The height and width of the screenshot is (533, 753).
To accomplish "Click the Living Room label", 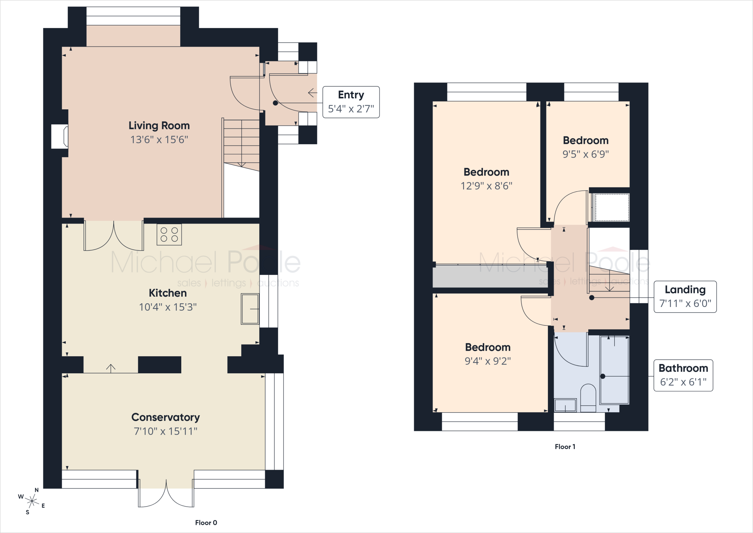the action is [159, 126].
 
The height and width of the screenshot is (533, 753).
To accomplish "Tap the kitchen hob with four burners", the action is [169, 234].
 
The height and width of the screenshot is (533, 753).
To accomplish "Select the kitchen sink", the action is [250, 309].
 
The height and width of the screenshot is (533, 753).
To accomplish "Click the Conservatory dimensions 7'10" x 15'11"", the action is [165, 431].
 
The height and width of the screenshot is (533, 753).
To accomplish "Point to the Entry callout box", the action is [351, 102].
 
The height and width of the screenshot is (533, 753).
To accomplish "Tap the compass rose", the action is [32, 501].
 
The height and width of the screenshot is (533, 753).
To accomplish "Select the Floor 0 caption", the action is [206, 523].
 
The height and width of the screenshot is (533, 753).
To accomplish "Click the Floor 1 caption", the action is [565, 446].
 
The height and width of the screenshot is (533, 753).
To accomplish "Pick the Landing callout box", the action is [685, 297].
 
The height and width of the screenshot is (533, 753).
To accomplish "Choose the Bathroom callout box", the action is [683, 375].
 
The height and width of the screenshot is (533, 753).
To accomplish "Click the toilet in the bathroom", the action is [588, 398].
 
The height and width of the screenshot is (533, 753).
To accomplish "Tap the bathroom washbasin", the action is [565, 405].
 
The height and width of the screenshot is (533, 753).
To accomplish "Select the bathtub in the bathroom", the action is [614, 370].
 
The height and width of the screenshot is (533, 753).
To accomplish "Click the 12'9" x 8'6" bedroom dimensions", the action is [486, 186].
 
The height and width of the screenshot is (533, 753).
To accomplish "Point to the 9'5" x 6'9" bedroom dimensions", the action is [586, 154].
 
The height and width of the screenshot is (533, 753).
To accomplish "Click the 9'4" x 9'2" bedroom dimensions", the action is [488, 361].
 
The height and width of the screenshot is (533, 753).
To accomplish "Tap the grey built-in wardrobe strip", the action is [490, 276].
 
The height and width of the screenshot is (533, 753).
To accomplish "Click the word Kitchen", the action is [168, 293].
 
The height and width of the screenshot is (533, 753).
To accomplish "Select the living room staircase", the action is [241, 145].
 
